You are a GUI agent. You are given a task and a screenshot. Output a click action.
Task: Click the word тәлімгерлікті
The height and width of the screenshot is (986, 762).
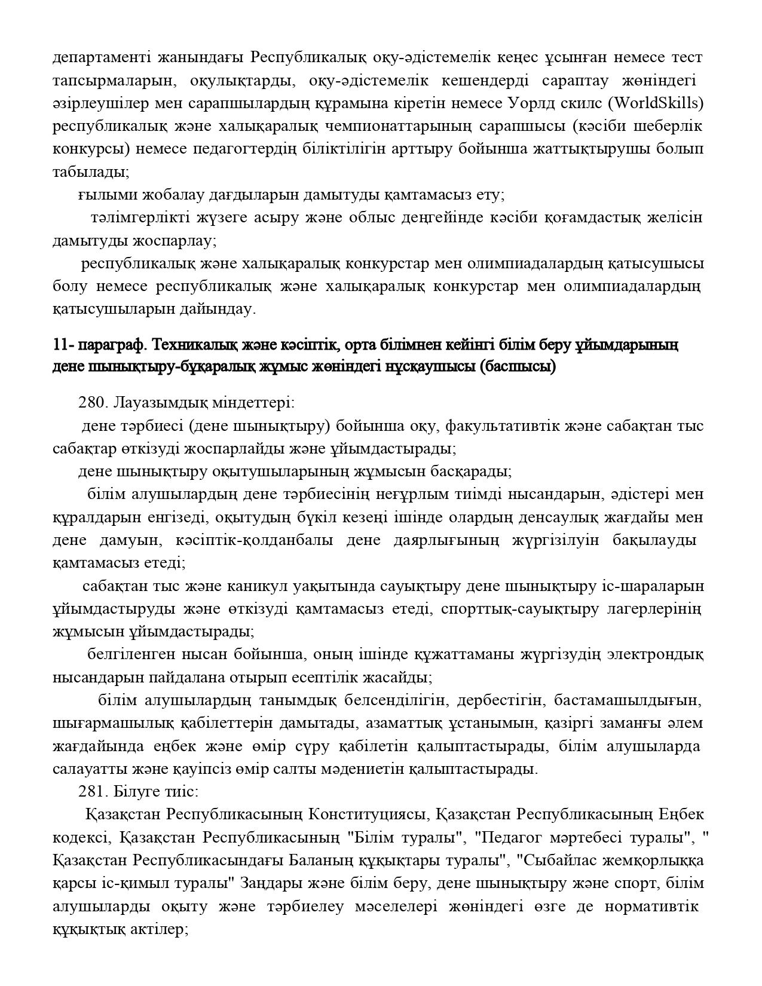[131, 218]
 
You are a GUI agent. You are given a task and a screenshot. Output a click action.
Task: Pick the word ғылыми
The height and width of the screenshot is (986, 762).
[99, 195]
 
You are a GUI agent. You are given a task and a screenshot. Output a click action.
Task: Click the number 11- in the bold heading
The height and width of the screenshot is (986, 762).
[62, 345]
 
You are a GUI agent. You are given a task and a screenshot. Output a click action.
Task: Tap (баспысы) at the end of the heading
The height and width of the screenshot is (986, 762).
[518, 367]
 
